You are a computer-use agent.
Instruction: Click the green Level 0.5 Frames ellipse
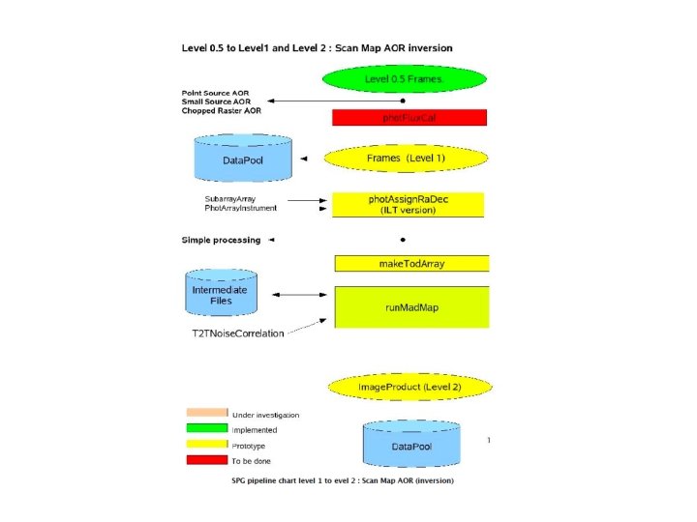point(405,78)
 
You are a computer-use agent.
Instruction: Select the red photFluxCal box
point(409,117)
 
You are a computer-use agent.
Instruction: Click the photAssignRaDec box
point(409,204)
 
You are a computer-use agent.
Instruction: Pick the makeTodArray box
point(411,263)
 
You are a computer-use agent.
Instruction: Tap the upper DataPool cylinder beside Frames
point(242,158)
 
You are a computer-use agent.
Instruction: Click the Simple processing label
point(221,240)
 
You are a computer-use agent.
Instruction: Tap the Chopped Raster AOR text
point(222,111)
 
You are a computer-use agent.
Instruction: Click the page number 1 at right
point(489,440)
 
